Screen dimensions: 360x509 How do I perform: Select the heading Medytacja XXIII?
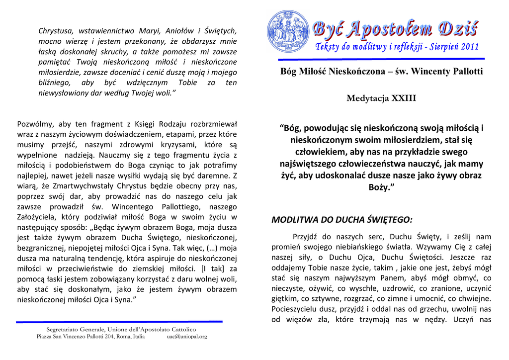point(381,98)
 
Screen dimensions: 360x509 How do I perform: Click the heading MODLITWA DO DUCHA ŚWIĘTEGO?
point(341,219)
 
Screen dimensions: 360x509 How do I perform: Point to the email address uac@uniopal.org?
point(187,337)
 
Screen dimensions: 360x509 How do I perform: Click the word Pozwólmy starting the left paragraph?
point(35,124)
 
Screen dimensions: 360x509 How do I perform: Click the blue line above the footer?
point(119,322)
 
